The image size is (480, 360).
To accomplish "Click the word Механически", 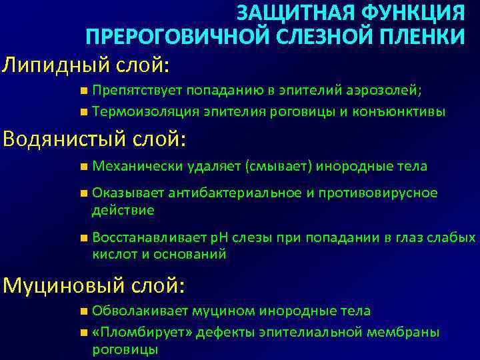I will [x=138, y=166].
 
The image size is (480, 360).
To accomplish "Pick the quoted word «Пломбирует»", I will [x=130, y=332].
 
